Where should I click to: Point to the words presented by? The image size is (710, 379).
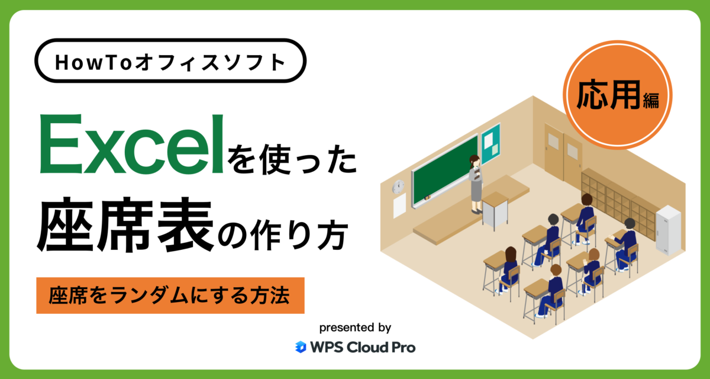355,327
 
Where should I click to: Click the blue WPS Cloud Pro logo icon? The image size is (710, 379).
301,347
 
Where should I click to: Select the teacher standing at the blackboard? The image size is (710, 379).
476,184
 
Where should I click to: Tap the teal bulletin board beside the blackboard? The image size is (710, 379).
490,143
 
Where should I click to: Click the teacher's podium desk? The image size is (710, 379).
495,210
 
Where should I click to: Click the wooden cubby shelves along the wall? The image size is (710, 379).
615,198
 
